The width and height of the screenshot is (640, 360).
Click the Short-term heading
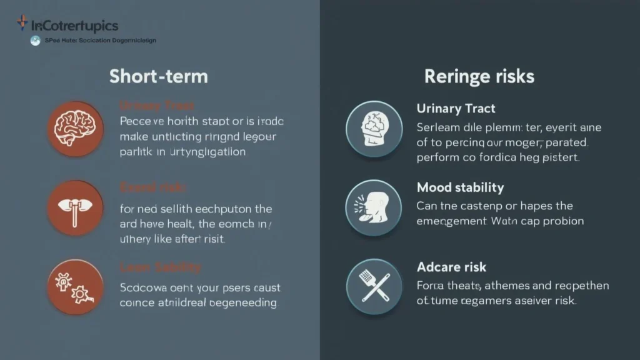tap(158, 76)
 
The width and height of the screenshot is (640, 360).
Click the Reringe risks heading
tap(479, 76)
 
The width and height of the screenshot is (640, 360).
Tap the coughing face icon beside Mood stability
tap(374, 207)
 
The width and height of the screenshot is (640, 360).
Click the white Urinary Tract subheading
tap(456, 109)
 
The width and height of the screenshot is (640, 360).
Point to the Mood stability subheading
tap(460, 187)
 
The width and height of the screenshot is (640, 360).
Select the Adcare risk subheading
tap(451, 267)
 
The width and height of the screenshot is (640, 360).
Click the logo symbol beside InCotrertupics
tap(22, 24)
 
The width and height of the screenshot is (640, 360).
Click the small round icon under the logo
tap(35, 41)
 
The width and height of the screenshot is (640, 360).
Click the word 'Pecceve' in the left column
tap(139, 121)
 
